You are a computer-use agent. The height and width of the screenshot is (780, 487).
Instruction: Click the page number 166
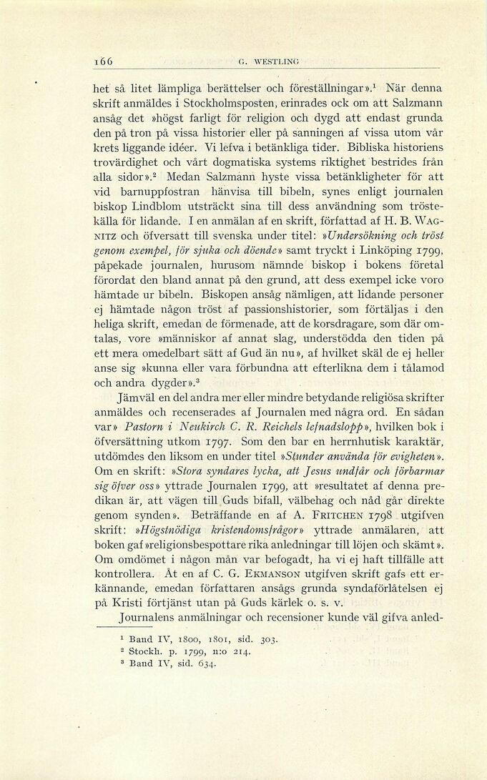[x=106, y=61]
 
